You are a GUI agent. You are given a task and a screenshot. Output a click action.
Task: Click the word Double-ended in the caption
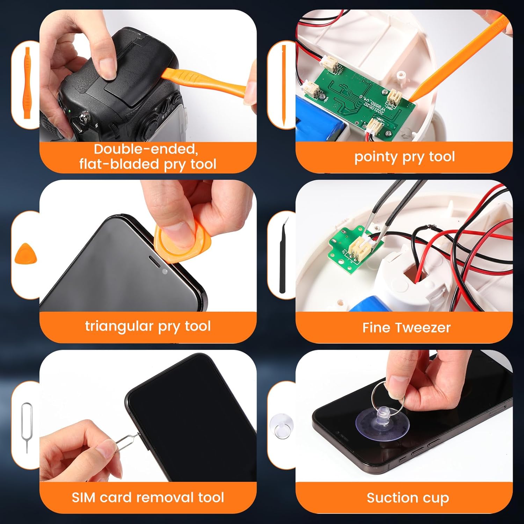(146, 149)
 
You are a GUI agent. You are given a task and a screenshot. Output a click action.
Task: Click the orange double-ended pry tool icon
(27, 83)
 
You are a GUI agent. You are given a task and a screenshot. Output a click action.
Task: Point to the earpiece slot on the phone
(155, 262)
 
